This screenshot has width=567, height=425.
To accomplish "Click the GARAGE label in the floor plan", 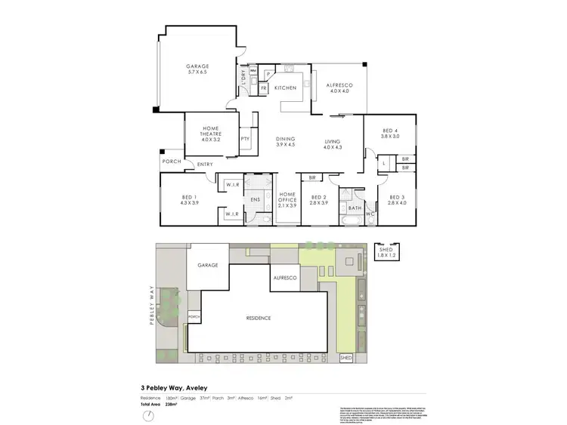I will tap(198, 66).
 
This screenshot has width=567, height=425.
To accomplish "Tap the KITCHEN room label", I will tap(285, 88).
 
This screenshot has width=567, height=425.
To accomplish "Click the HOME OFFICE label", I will tap(287, 198).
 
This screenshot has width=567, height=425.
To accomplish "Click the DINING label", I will tap(285, 139).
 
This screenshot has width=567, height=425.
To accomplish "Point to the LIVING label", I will tap(333, 141).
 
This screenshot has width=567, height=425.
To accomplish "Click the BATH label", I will tap(354, 208).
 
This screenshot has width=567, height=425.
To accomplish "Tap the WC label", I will tap(370, 214).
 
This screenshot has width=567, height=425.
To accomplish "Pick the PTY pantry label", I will tap(245, 139).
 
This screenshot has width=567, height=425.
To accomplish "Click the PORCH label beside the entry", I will tap(171, 161).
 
